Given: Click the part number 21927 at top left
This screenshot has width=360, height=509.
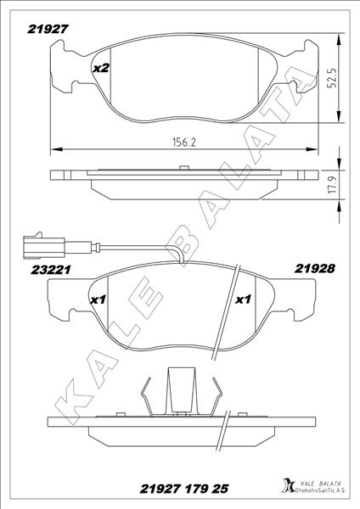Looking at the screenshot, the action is coord(48,29).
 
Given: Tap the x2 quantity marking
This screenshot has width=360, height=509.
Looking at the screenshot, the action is coord(101,68).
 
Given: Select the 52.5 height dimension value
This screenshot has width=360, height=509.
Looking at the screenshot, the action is coord(332,78).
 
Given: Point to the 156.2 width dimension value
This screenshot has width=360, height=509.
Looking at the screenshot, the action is coord(184,143).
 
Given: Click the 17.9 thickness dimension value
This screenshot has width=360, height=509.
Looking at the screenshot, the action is coord(332,184).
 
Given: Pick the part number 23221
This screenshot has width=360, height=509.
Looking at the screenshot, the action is coord(51,270).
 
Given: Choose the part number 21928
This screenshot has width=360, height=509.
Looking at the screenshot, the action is coord(314,268).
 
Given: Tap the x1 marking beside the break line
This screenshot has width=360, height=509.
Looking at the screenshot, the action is coord(243,299).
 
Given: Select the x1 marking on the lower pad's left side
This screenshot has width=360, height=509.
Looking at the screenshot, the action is coord(98,300).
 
